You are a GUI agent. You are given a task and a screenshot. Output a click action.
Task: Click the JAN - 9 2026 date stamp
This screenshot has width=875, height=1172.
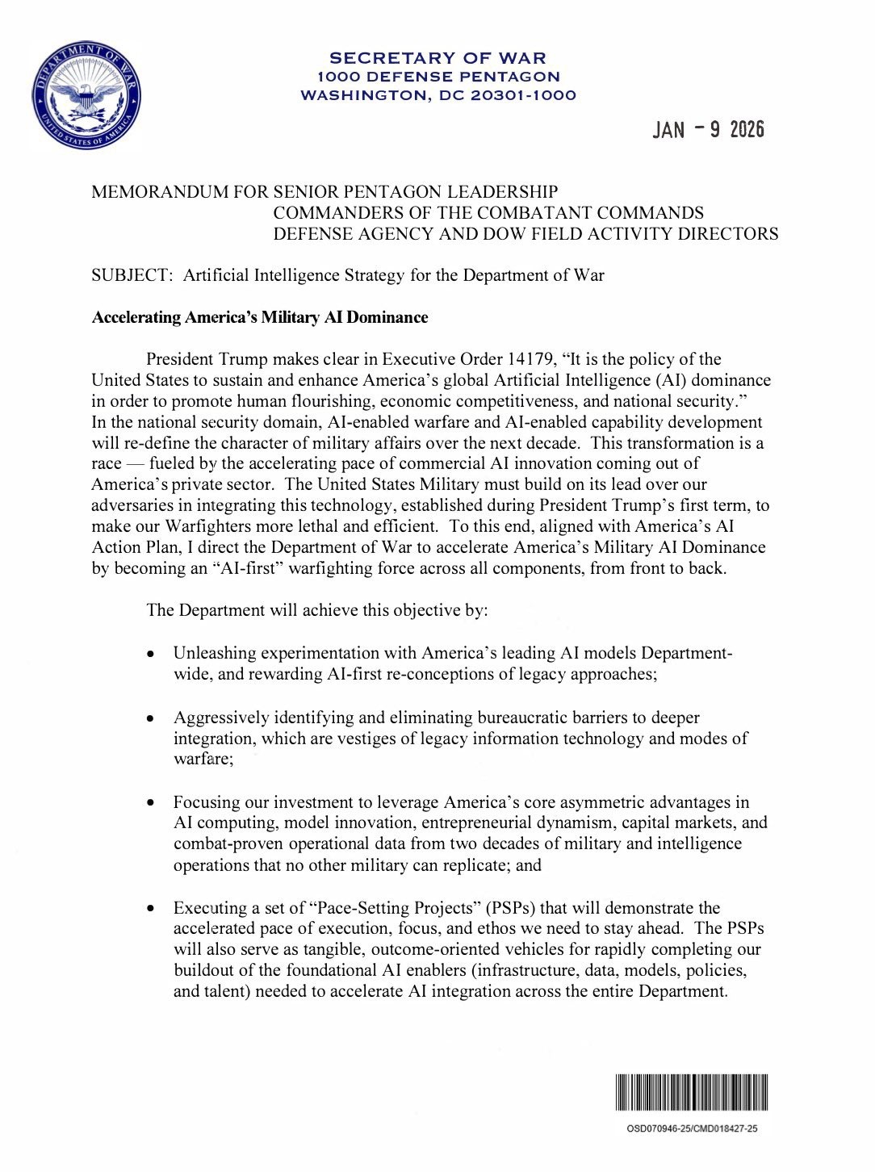click(708, 129)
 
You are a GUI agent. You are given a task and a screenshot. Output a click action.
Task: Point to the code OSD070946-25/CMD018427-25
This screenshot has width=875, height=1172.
click(692, 1128)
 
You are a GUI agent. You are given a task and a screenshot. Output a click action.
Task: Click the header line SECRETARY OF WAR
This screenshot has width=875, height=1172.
click(437, 58)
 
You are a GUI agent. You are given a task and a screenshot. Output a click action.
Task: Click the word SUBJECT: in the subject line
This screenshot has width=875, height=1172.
click(132, 275)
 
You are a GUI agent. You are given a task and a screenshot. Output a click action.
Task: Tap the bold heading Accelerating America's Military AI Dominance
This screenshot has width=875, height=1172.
click(259, 317)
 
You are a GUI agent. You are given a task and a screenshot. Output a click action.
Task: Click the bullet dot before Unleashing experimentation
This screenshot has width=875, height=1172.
click(150, 654)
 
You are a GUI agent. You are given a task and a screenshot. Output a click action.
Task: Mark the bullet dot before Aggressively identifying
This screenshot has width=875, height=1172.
click(150, 718)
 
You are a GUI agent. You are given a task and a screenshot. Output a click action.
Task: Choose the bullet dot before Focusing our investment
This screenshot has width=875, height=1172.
click(150, 803)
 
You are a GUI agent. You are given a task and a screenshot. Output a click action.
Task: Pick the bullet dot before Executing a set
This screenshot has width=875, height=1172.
click(150, 909)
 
